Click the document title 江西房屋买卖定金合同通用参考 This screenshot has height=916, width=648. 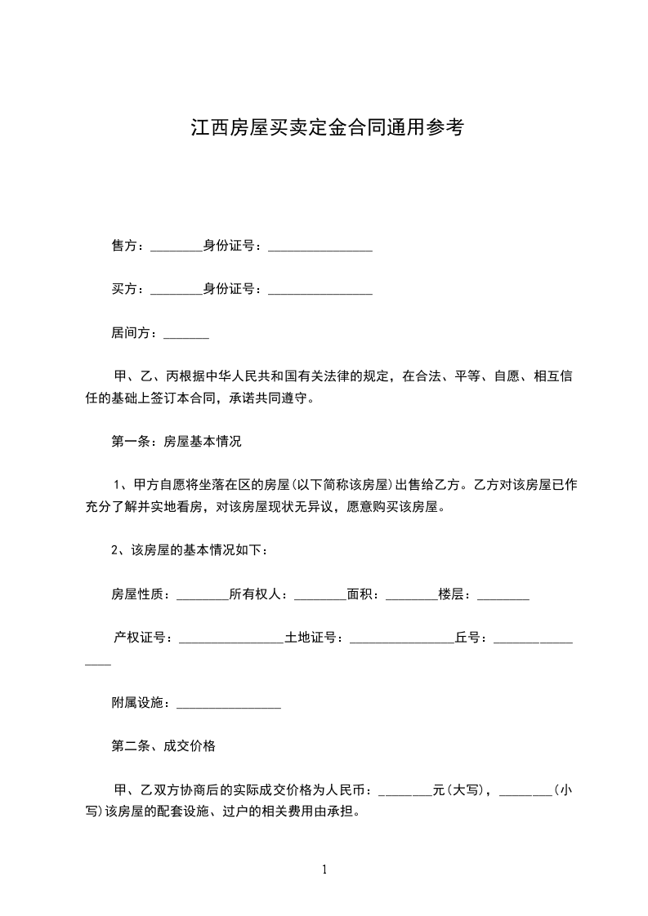pyautogui.click(x=327, y=128)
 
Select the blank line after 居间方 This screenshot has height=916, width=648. pyautogui.click(x=186, y=335)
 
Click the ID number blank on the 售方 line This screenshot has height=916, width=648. pyautogui.click(x=320, y=247)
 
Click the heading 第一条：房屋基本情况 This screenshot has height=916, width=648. pyautogui.click(x=176, y=442)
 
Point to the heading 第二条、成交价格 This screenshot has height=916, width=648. pyautogui.click(x=163, y=745)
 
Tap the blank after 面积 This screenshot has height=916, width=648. pyautogui.click(x=411, y=597)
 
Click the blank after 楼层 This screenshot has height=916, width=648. pyautogui.click(x=503, y=597)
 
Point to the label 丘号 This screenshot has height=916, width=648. pyautogui.click(x=469, y=638)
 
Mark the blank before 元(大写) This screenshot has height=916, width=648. pyautogui.click(x=405, y=792)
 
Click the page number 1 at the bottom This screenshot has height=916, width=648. pyautogui.click(x=324, y=869)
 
